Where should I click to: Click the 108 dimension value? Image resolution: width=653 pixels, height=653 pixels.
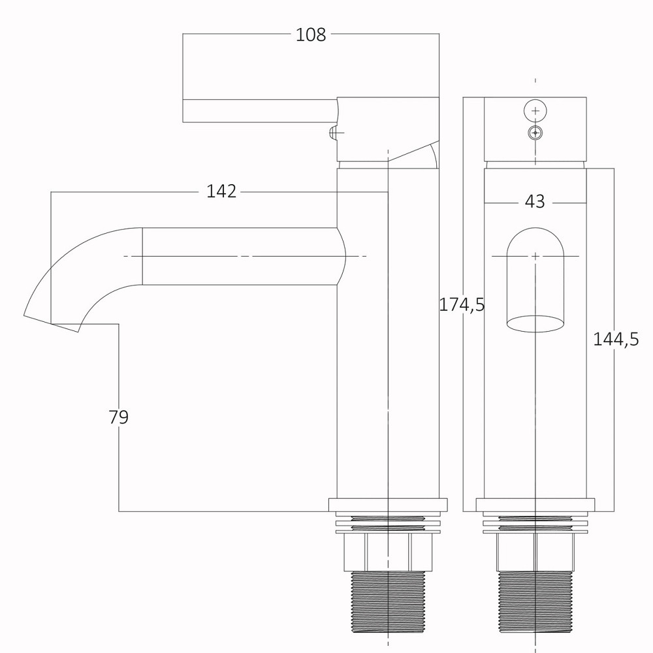[x=311, y=35]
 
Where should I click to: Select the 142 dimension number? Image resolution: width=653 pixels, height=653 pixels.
[x=221, y=191]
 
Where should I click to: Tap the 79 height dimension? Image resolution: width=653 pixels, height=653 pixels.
[x=119, y=417]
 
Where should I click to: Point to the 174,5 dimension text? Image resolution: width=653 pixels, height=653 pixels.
[x=462, y=305]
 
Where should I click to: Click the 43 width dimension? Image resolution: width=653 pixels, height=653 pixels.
[x=535, y=202]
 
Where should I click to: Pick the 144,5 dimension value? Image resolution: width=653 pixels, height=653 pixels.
[x=616, y=340]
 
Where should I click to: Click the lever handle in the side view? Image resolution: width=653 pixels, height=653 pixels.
[x=260, y=111]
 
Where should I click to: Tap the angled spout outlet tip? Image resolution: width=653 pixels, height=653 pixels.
[x=51, y=324]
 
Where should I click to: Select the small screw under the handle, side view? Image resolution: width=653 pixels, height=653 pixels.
[x=334, y=133]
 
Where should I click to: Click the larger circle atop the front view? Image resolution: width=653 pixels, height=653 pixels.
[x=535, y=111]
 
